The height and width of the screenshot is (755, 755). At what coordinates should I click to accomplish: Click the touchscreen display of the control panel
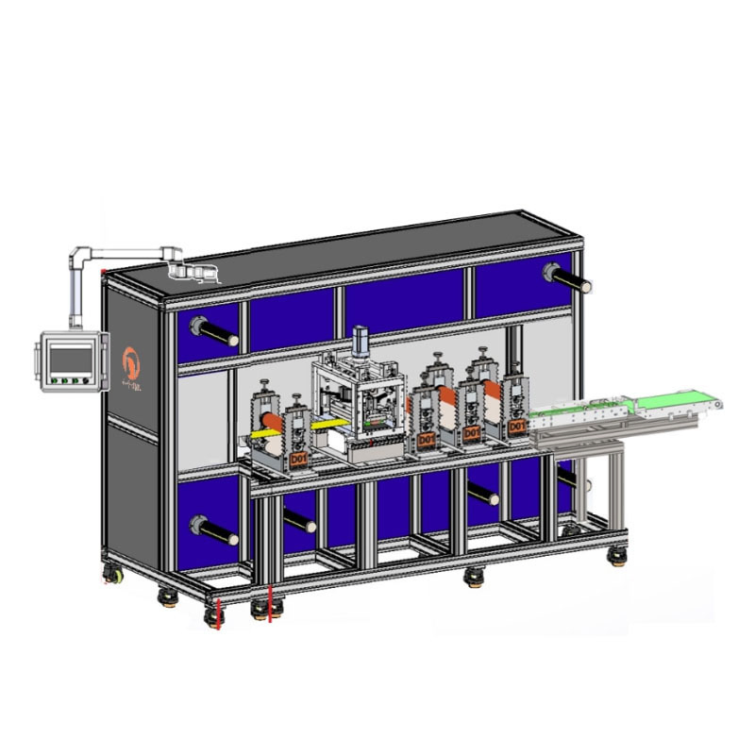point(72,358)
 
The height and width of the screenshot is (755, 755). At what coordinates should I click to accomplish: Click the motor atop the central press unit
point(359,342)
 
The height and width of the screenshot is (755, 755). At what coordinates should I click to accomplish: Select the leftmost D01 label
point(298,459)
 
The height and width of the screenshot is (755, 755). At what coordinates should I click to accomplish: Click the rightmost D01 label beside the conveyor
point(516,427)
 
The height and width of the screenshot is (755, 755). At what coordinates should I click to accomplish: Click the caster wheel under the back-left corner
point(112,572)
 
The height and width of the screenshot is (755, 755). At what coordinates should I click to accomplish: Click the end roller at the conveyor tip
point(719,405)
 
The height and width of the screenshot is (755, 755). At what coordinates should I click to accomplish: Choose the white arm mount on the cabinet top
point(193,274)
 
